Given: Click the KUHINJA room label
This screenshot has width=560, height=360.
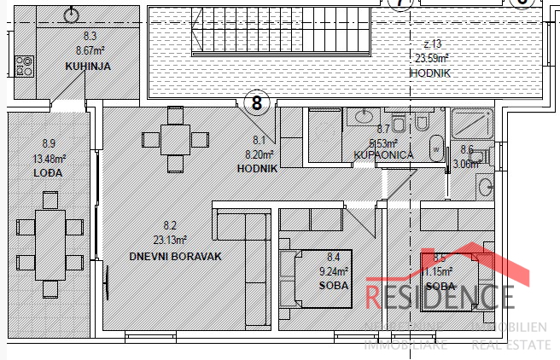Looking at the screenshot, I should click(x=89, y=66).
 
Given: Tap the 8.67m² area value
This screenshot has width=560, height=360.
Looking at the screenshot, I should click(x=90, y=50).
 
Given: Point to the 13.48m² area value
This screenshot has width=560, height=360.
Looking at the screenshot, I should click(x=49, y=159).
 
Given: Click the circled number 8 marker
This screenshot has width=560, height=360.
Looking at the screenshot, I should click(x=258, y=104).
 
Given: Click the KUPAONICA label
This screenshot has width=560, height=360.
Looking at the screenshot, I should click(x=383, y=155).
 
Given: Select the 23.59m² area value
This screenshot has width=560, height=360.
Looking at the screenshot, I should click(x=431, y=59).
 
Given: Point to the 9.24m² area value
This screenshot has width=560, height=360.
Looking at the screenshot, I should click(x=334, y=270).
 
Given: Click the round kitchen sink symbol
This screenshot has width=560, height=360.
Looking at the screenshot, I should click(x=71, y=15).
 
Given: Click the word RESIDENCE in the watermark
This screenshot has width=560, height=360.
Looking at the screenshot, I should click(x=440, y=297).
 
